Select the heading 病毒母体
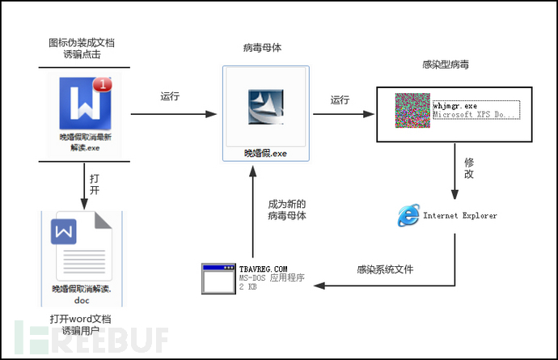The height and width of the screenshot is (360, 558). click(264, 49)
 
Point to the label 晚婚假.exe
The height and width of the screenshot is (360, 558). click(265, 151)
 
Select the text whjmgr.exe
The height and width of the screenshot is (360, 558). click(456, 106)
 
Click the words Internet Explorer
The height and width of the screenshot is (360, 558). click(460, 216)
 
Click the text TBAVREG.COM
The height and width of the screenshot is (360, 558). click(264, 268)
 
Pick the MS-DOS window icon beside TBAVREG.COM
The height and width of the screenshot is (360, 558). click(218, 277)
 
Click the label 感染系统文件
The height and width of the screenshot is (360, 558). click(385, 269)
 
